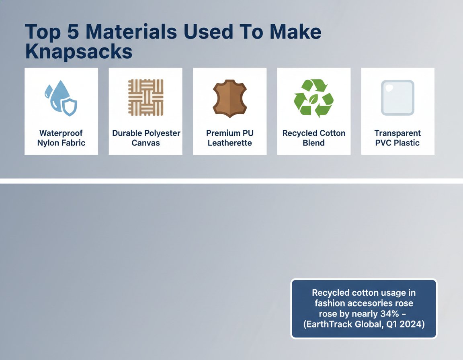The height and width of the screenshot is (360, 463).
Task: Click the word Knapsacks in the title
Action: click(79, 51)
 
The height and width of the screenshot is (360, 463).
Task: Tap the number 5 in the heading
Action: click(73, 32)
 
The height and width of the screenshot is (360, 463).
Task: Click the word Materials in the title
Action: click(131, 32)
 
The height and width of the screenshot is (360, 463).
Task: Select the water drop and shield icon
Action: click(61, 98)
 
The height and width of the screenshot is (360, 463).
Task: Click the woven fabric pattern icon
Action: click(145, 97)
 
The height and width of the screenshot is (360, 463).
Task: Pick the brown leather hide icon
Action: click(230, 98)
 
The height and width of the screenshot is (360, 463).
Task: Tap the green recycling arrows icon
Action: click(313, 98)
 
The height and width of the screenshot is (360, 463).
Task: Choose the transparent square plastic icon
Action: click(397, 98)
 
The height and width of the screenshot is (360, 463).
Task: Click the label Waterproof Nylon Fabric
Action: click(61, 138)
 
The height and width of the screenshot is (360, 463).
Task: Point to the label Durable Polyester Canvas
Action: click(146, 138)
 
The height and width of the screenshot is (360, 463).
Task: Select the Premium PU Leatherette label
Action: click(230, 138)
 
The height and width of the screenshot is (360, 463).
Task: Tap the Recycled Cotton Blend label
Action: click(314, 138)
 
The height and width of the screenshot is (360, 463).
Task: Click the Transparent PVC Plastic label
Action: click(397, 138)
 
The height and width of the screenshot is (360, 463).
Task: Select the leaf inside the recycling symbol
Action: click(313, 99)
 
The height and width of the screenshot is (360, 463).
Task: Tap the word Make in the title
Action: click(295, 32)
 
